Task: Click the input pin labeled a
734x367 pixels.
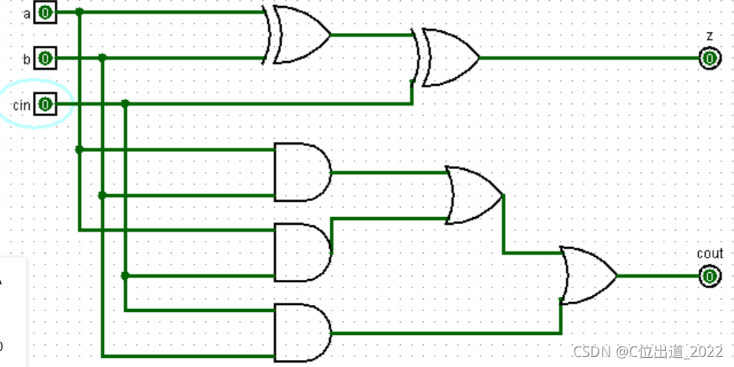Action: [x=46, y=12]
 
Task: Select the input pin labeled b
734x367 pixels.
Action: [x=46, y=58]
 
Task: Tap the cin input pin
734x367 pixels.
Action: [x=46, y=104]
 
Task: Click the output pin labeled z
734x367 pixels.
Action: [x=710, y=58]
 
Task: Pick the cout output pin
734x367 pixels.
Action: [x=710, y=276]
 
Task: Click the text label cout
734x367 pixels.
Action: [x=710, y=254]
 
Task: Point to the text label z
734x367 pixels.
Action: [x=710, y=36]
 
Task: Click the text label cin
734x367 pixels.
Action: [x=21, y=104]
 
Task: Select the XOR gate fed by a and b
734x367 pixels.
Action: [x=298, y=35]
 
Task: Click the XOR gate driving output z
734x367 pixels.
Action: [x=447, y=58]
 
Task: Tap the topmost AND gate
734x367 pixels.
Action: [x=302, y=172]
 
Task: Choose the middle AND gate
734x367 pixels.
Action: [x=302, y=252]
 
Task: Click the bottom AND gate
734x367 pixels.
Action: [x=302, y=333]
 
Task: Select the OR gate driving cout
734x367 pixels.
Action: [x=588, y=276]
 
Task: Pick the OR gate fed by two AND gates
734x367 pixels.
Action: [x=474, y=196]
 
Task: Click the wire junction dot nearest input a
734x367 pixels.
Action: [x=79, y=12]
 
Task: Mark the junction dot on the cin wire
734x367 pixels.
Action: [x=125, y=104]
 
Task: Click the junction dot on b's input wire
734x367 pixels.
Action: [x=102, y=58]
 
